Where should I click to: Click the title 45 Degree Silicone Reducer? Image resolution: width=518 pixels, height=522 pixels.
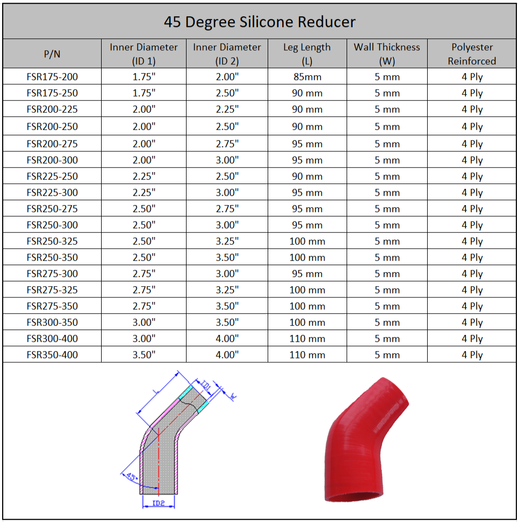click(x=260, y=22)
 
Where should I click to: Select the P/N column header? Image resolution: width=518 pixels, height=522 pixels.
click(x=52, y=54)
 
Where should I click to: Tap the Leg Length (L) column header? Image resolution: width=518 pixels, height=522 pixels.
click(x=307, y=54)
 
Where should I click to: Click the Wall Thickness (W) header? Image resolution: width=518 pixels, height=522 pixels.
click(x=387, y=54)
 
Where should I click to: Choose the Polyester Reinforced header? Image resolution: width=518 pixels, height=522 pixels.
click(x=471, y=54)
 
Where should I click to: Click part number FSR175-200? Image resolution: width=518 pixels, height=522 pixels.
click(x=52, y=77)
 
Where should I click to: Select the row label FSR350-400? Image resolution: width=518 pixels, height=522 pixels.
click(x=52, y=355)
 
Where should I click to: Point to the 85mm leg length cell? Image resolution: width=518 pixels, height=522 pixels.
click(x=307, y=77)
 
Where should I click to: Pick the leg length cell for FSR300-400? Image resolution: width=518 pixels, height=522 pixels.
click(x=307, y=339)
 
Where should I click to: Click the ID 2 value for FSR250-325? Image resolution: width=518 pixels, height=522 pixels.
click(x=227, y=241)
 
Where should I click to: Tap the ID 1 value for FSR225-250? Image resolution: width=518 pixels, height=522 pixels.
click(x=144, y=176)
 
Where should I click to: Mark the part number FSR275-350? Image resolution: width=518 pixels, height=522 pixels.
click(x=52, y=306)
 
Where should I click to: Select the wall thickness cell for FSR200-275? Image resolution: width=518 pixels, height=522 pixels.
click(x=387, y=144)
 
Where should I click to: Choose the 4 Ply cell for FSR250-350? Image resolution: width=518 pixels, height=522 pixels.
click(x=471, y=257)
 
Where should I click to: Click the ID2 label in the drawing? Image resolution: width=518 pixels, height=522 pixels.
click(x=158, y=504)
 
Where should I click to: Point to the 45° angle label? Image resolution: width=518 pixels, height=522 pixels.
click(x=130, y=477)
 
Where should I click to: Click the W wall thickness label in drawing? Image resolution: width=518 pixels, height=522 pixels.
click(x=233, y=397)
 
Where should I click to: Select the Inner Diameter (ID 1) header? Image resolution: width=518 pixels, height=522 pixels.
click(x=144, y=54)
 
